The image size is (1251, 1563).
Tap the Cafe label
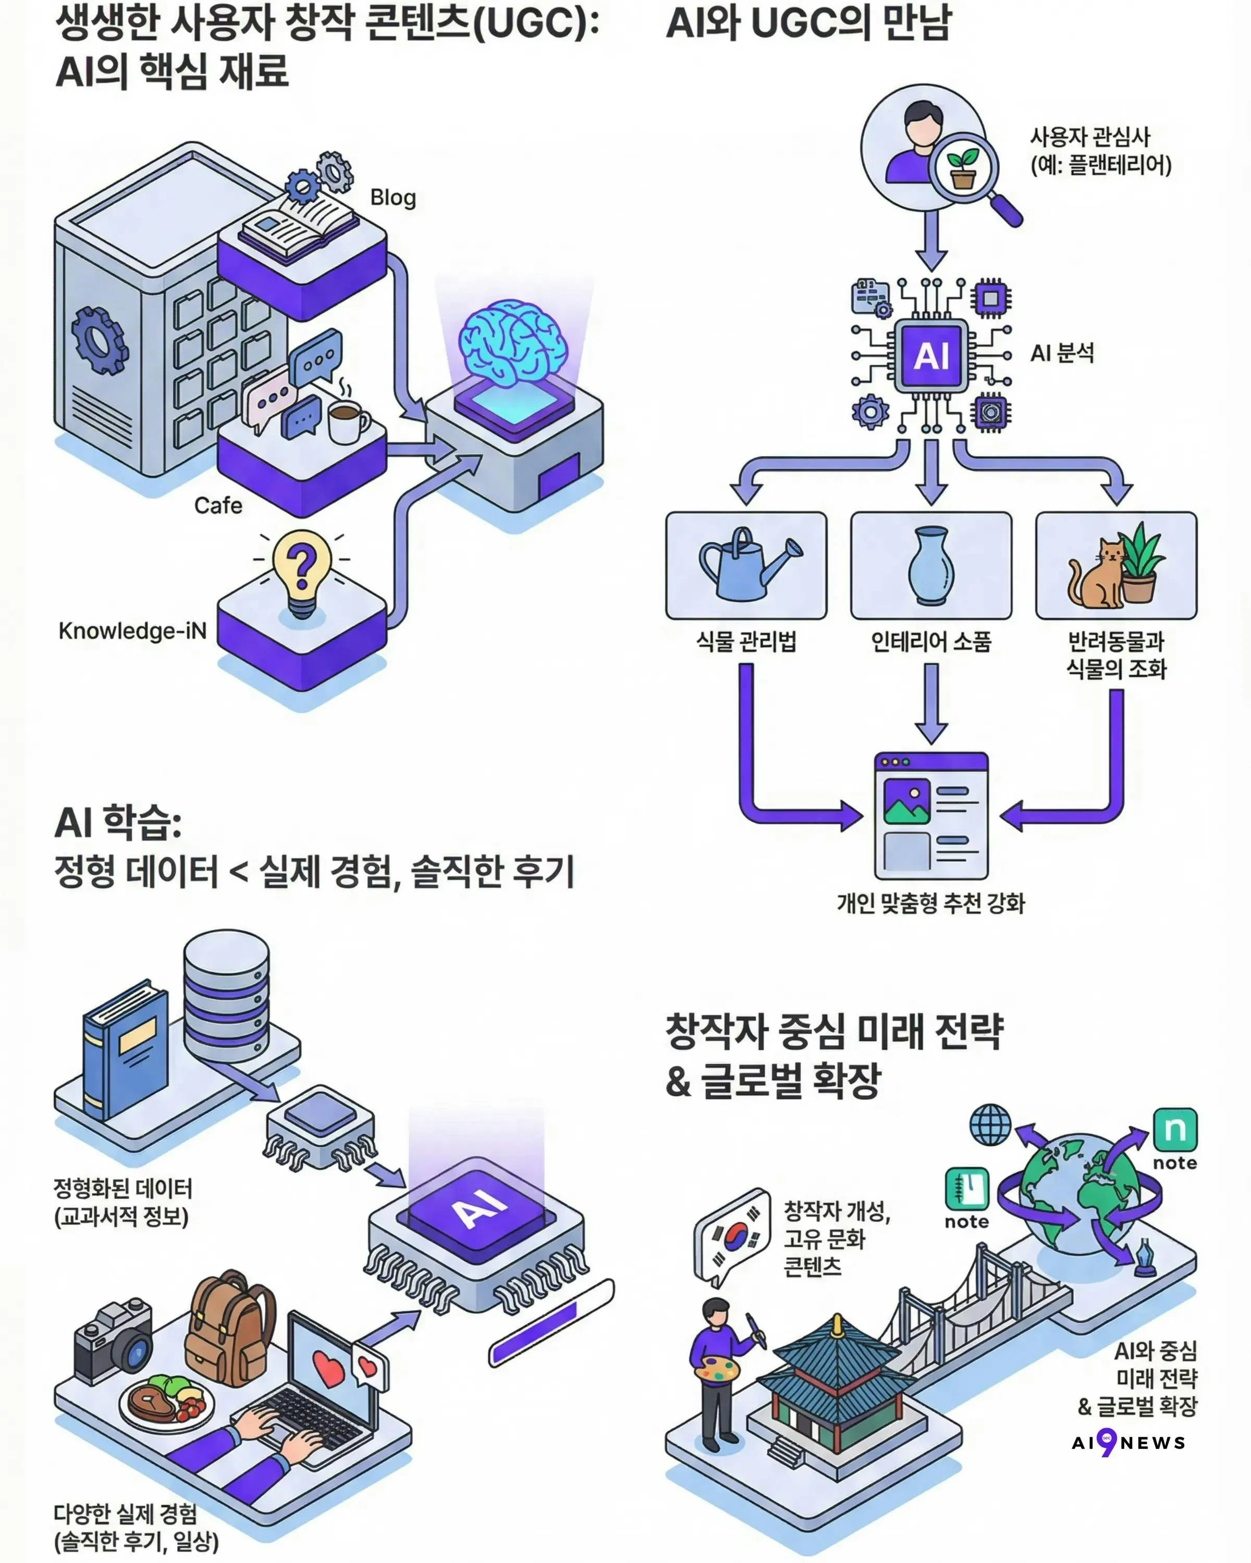pyautogui.click(x=218, y=505)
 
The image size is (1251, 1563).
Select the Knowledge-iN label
pyautogui.click(x=133, y=631)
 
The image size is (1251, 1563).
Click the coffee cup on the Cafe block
pyautogui.click(x=347, y=422)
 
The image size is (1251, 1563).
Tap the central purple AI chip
pyautogui.click(x=931, y=356)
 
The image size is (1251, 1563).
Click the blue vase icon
pyautogui.click(x=931, y=565)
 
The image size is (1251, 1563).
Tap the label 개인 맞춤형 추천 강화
pyautogui.click(x=931, y=903)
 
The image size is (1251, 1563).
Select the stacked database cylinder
pyautogui.click(x=226, y=993)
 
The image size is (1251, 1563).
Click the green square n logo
pyautogui.click(x=1175, y=1130)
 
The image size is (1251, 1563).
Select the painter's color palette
pyautogui.click(x=717, y=1369)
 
